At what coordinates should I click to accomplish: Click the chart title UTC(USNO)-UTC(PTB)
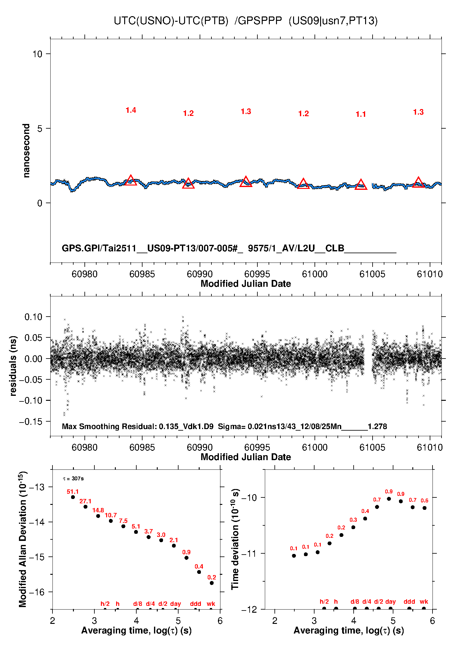tap(171, 21)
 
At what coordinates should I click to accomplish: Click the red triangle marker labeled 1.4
tap(131, 181)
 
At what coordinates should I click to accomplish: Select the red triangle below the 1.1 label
tap(361, 185)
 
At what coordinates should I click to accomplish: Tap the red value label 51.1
tap(73, 492)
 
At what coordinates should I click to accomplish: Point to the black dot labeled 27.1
tap(85, 507)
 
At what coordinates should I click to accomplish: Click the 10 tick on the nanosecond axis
tap(37, 54)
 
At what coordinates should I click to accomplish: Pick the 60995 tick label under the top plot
tap(257, 274)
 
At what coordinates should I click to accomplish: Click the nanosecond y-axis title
tap(26, 151)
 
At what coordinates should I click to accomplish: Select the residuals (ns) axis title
tap(13, 366)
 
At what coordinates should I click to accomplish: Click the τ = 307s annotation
tap(73, 478)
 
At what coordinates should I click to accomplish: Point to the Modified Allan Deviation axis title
tap(22, 539)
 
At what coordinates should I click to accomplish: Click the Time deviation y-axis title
tap(235, 539)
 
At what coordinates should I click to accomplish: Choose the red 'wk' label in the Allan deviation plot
tap(211, 604)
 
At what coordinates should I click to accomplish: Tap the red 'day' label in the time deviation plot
tap(390, 601)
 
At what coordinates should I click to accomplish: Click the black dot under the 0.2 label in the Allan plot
tap(212, 583)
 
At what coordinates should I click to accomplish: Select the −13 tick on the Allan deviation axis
tap(37, 487)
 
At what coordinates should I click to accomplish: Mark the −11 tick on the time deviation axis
tap(249, 553)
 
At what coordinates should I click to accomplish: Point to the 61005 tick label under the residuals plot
tap(372, 447)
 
